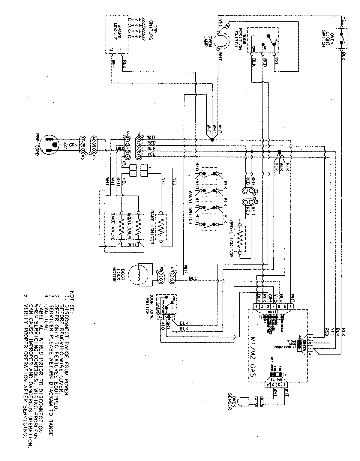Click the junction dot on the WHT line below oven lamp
(212, 140)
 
